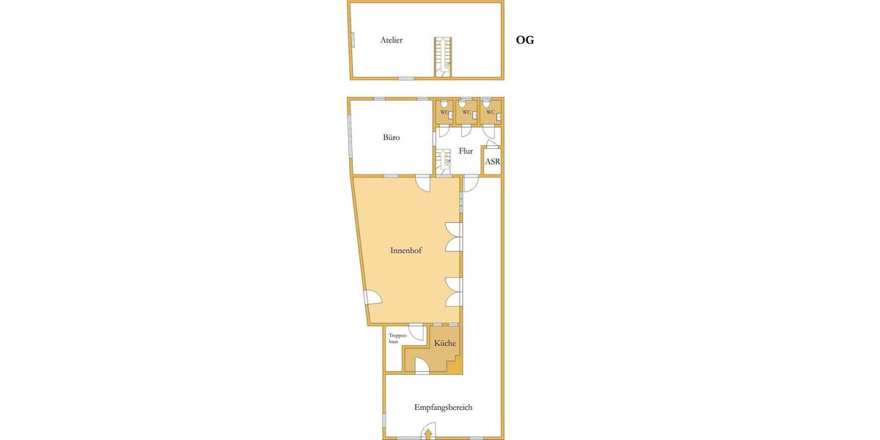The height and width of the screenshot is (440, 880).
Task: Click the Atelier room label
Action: coord(392,40)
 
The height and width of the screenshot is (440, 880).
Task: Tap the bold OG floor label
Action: coord(525,40)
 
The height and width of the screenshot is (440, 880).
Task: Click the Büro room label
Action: coord(392,137)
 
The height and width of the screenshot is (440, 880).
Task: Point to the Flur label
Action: coord(466,151)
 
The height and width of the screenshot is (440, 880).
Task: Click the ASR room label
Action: coord(493,161)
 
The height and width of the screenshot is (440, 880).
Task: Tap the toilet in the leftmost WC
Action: coord(444,104)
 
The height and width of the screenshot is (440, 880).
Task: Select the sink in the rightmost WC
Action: coord(499,117)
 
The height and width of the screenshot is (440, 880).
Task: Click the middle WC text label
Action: coord(466,112)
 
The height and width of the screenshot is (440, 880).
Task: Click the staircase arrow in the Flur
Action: coord(444,161)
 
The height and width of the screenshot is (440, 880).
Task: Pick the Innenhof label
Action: coord(406,250)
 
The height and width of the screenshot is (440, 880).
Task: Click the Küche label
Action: coord(444,343)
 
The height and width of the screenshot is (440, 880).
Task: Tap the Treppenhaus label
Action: coord(397,339)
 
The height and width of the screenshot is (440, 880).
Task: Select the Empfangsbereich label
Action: coord(443,408)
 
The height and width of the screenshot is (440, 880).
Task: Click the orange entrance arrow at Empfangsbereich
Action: coord(428,433)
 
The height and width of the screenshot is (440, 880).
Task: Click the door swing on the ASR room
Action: coord(492,144)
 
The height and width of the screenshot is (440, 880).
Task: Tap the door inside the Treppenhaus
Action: coord(417,332)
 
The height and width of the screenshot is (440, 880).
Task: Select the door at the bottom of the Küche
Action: coord(422,365)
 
